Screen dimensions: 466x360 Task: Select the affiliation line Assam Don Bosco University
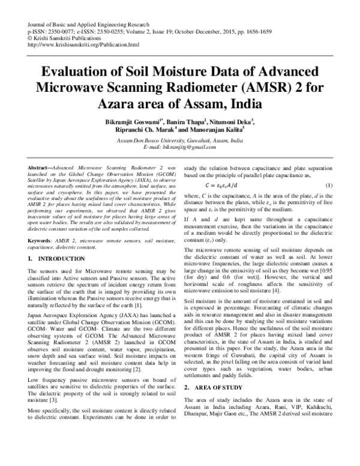(179, 141)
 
